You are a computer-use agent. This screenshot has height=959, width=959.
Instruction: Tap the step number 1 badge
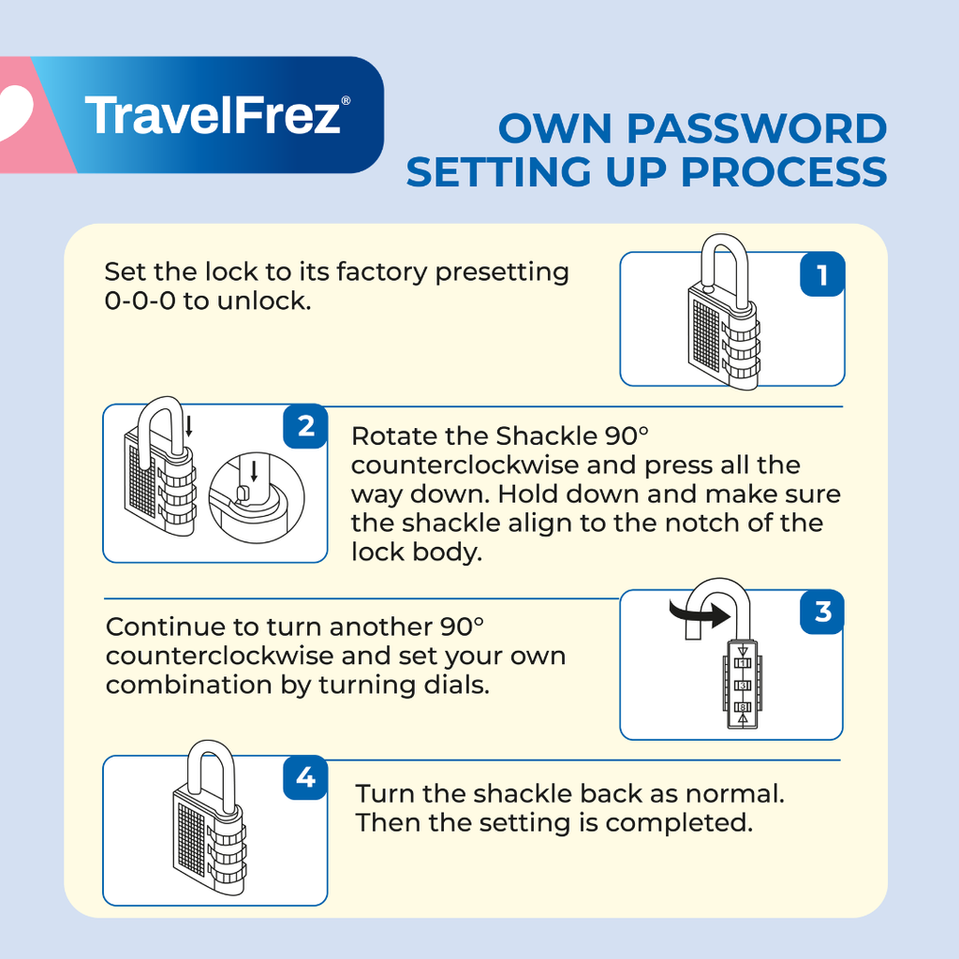point(822,274)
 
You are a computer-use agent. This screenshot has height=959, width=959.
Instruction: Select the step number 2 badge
point(305,426)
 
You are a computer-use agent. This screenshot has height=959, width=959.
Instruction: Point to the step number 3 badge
point(822,611)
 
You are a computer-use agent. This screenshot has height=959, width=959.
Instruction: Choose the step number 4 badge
point(305,777)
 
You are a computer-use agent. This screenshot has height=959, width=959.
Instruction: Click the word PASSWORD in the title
point(757,129)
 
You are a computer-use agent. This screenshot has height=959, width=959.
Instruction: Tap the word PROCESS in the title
point(784,172)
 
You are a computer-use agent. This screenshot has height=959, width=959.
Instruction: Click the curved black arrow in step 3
point(701,613)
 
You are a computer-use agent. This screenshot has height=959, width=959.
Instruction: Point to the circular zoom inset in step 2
point(257,498)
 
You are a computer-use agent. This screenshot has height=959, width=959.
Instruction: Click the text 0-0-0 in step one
point(140,301)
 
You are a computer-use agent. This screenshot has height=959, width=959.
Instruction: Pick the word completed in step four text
point(679,822)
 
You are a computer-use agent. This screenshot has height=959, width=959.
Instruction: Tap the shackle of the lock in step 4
point(211,775)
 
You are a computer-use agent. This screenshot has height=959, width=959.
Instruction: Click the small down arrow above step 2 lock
point(189,426)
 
